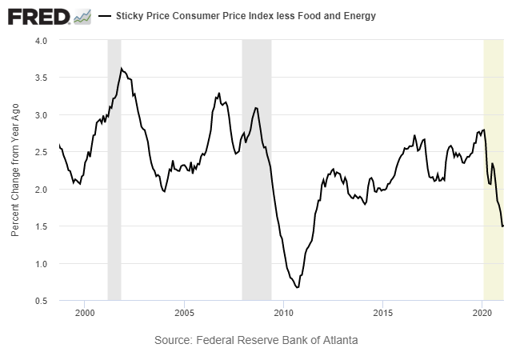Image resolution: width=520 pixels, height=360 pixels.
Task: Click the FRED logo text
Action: tap(38, 16)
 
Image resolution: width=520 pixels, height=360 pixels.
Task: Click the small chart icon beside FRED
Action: tap(82, 16)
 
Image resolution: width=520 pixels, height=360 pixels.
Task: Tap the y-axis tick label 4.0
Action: tap(41, 40)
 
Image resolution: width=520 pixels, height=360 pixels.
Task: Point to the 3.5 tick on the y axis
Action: tap(41, 78)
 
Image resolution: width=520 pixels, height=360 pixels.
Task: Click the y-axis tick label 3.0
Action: tap(41, 115)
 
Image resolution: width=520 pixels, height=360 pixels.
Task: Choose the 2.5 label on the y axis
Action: tap(41, 152)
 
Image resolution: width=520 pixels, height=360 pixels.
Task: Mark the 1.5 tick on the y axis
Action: tap(41, 226)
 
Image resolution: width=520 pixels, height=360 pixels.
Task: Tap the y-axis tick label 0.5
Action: tap(41, 301)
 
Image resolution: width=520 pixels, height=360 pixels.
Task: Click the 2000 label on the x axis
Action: tap(85, 312)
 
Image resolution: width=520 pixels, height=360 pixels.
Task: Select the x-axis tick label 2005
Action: tap(184, 312)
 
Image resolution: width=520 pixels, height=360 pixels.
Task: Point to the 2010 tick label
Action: tap(284, 312)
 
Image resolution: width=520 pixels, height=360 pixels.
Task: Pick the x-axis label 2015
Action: tap(383, 312)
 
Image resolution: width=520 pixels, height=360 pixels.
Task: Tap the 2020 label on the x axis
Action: tap(482, 312)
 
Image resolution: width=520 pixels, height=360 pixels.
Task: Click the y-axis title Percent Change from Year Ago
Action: tap(15, 170)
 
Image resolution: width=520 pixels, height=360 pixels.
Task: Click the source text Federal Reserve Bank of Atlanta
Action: tap(256, 340)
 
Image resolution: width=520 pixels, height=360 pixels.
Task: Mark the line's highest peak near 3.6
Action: tap(121, 69)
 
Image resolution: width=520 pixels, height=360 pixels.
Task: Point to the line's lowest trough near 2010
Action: tap(297, 287)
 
